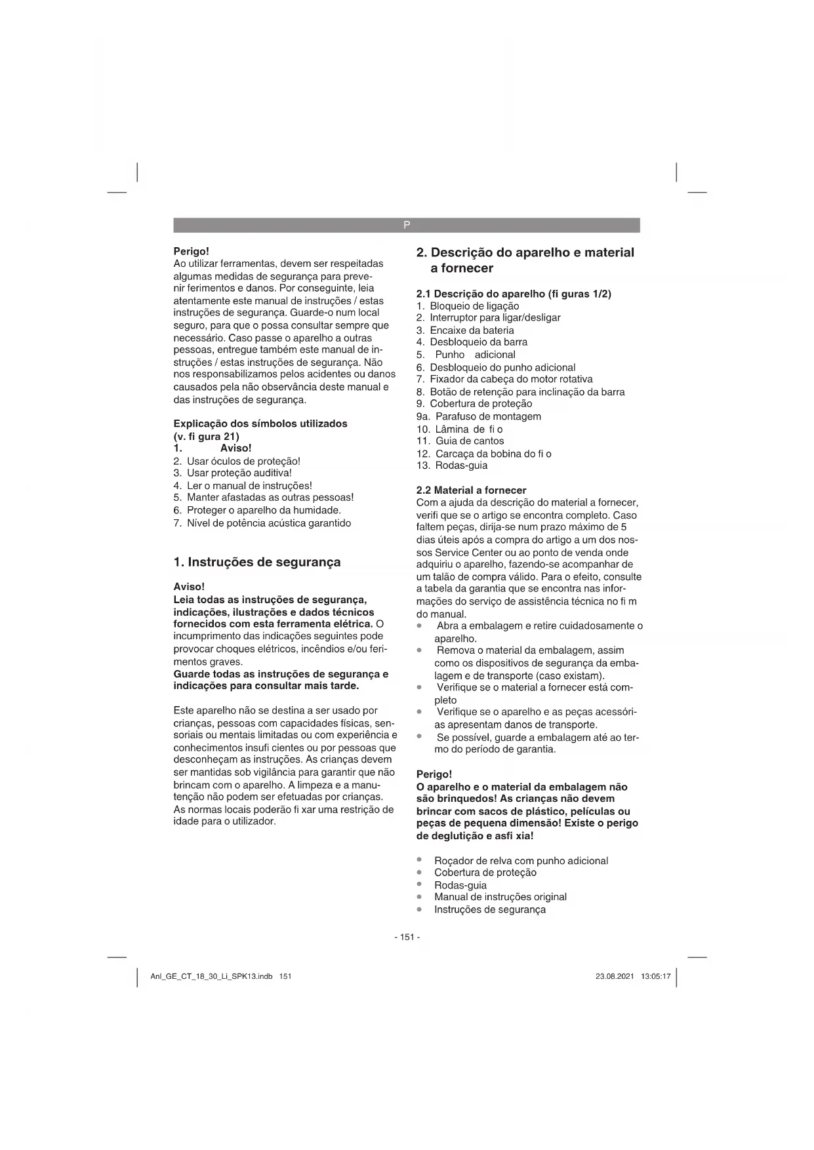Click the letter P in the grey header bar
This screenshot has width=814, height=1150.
tap(407, 225)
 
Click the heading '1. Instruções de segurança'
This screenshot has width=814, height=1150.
tap(257, 562)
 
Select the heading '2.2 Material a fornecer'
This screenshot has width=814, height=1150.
tap(471, 490)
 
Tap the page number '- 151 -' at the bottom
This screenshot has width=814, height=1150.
tap(407, 937)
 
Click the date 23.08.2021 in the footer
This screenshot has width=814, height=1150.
tap(615, 976)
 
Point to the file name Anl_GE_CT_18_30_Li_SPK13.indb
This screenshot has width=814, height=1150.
tap(211, 976)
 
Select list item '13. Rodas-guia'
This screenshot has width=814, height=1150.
tap(452, 466)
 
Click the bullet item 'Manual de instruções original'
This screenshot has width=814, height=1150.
tap(500, 897)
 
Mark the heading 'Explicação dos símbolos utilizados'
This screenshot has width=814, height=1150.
tap(260, 424)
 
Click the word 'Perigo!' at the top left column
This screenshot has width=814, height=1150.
tap(191, 251)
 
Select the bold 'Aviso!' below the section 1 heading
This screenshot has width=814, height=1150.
tap(189, 587)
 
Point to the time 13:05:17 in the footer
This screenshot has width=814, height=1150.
tap(656, 976)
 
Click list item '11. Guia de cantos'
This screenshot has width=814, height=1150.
tap(460, 441)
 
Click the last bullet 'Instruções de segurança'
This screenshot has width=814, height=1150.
tap(489, 909)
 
